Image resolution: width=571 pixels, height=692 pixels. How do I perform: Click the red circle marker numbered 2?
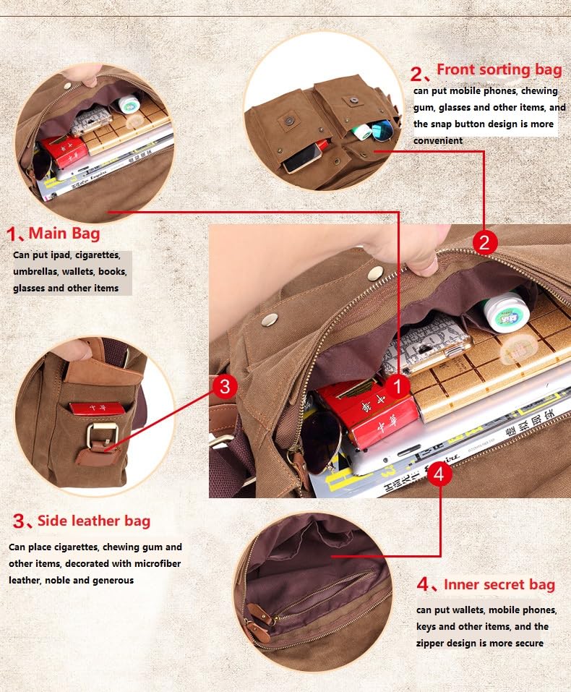[484, 242]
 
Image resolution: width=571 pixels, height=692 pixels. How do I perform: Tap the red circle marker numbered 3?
[224, 387]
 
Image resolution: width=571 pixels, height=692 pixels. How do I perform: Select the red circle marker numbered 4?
[440, 475]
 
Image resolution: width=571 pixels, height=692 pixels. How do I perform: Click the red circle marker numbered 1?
[398, 387]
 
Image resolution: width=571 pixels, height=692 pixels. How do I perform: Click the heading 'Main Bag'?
[64, 234]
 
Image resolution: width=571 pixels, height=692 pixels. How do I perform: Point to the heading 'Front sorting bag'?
[499, 70]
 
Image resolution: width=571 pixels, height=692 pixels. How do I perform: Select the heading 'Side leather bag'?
[93, 521]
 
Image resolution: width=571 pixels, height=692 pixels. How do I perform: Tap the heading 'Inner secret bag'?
[499, 584]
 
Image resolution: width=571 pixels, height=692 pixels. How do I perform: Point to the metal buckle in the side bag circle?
[98, 435]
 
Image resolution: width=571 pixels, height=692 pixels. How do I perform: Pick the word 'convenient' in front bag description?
[438, 140]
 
